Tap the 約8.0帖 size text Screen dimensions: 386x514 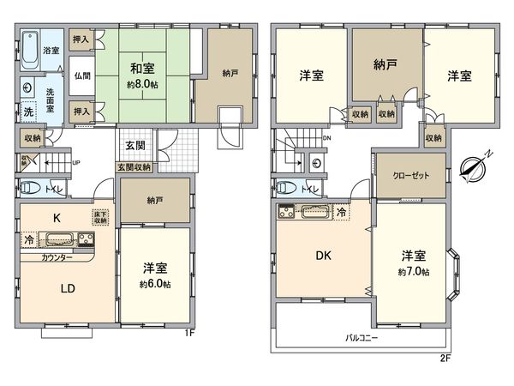(141, 86)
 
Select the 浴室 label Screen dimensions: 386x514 (51, 51)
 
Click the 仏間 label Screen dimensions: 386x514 (82, 75)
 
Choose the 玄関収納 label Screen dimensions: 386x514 (134, 166)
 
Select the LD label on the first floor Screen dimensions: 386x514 (68, 289)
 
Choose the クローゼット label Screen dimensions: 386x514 (410, 174)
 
